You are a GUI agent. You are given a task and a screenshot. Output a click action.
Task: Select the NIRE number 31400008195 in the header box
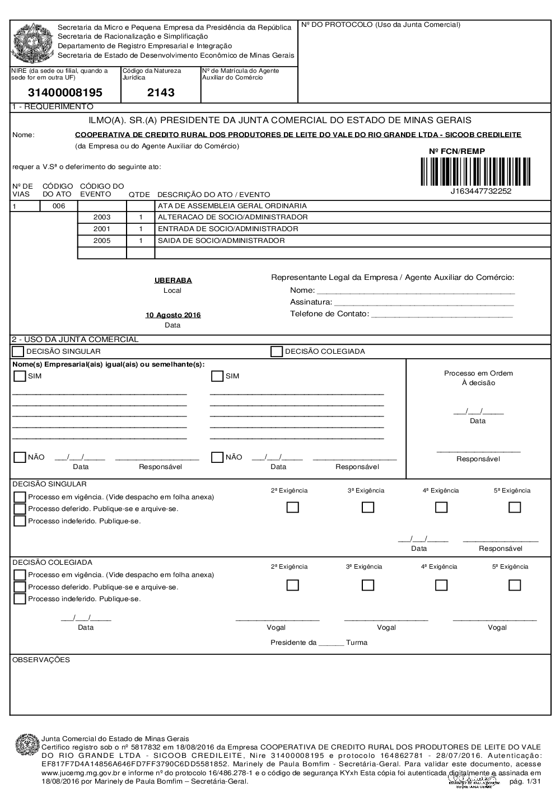coord(66,93)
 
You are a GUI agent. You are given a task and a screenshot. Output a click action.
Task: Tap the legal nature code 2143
coord(161,93)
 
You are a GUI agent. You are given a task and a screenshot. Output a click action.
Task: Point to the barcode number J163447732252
coord(480,191)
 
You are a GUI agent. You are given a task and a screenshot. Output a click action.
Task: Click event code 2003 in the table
coord(102,217)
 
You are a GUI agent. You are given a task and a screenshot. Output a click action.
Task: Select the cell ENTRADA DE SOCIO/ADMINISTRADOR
coord(228,229)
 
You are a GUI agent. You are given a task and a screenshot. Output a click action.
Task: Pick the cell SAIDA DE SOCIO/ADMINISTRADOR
coord(221,241)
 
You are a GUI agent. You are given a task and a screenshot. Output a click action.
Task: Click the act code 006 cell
coord(59,206)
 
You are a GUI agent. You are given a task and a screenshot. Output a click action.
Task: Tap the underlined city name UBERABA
coord(173,280)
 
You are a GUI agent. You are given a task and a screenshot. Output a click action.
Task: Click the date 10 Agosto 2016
coord(173,315)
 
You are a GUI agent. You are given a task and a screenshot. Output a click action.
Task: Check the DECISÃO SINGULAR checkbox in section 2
coord(18,352)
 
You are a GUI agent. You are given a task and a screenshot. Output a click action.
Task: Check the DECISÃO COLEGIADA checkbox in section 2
coord(277,352)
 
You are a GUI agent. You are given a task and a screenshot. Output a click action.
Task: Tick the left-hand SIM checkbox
coord(20,376)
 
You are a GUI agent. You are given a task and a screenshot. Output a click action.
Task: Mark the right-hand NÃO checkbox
coord(217,457)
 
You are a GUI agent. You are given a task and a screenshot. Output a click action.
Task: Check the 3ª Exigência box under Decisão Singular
coord(368,507)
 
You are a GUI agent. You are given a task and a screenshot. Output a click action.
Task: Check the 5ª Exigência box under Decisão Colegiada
coord(515,585)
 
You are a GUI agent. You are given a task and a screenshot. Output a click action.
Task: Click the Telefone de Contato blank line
coord(441,315)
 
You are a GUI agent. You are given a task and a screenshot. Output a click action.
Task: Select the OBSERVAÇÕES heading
coord(41,660)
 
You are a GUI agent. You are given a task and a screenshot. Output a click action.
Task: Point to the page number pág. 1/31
coord(525,781)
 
